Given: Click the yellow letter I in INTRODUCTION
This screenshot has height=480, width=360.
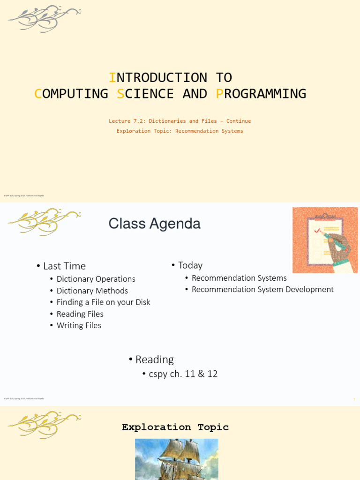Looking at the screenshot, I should [x=112, y=77].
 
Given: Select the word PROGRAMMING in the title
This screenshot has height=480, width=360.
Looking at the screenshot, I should [x=261, y=94].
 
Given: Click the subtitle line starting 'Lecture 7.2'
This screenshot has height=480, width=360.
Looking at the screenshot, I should [x=180, y=121].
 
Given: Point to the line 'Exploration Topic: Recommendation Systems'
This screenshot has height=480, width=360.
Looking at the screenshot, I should [x=180, y=131].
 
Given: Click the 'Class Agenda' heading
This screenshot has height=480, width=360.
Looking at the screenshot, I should [x=154, y=224].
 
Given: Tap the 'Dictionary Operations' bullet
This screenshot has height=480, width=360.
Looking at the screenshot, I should [x=96, y=279].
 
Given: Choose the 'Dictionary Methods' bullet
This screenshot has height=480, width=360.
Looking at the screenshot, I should [x=92, y=291].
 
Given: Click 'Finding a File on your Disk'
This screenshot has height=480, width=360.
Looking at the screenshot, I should [x=103, y=302].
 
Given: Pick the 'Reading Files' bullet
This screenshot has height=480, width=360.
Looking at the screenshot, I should [x=80, y=314].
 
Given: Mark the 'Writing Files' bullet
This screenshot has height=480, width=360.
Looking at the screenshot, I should [x=79, y=325].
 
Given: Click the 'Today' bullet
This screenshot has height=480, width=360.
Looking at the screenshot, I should [x=190, y=265].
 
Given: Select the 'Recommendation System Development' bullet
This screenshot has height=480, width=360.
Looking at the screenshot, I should [x=262, y=289].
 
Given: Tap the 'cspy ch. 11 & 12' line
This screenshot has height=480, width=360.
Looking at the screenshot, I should [x=183, y=374].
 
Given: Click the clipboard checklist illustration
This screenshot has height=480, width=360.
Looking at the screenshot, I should [x=325, y=240].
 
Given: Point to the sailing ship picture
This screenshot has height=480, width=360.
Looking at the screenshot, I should [x=176, y=459].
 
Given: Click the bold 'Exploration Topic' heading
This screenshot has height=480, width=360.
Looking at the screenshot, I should [x=175, y=427].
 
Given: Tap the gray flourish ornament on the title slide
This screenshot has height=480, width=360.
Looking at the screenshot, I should [x=44, y=19].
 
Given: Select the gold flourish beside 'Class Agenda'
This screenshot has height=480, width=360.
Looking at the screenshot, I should [x=44, y=222].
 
